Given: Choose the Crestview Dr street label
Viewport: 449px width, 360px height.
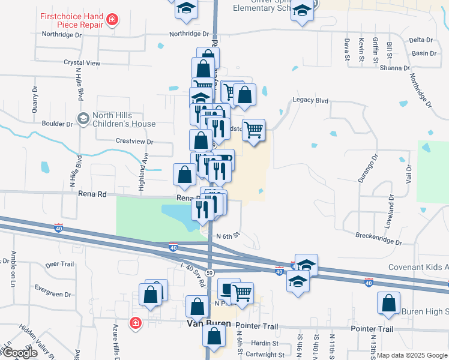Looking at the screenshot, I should click(x=134, y=142).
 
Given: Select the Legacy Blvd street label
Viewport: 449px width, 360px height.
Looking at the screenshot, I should click(x=310, y=100).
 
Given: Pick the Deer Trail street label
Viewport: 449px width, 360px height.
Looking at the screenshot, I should click(x=59, y=264).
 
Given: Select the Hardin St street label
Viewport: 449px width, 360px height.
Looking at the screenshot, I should click(x=265, y=344).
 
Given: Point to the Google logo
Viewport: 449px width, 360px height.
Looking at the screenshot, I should click(x=19, y=353).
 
